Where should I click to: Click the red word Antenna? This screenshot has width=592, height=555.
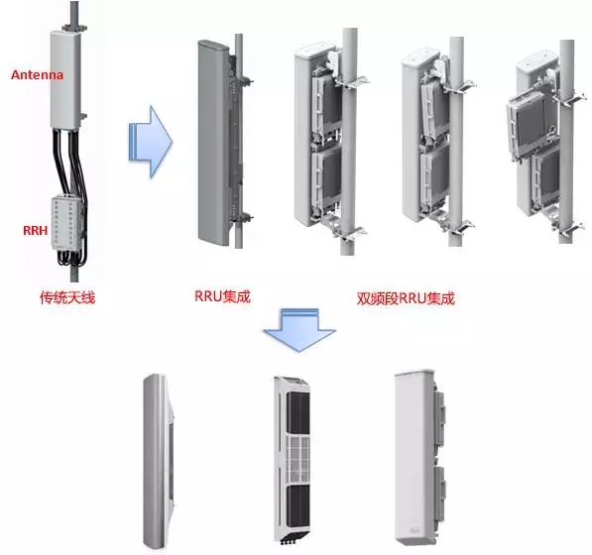[x=37, y=74]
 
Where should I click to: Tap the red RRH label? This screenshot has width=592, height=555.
[x=36, y=230]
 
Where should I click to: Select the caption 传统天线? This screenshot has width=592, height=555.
[x=67, y=297]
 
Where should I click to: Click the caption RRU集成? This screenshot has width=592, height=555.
[x=222, y=296]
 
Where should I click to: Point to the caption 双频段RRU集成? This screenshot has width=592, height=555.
[x=406, y=298]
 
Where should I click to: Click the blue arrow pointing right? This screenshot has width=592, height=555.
[x=151, y=142]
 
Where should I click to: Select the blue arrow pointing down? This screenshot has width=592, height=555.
[x=299, y=330]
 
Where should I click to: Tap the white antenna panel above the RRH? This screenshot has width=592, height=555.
[x=65, y=79]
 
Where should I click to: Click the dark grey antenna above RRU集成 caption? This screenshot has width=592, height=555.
[x=213, y=143]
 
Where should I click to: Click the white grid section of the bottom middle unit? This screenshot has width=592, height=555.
[x=298, y=459]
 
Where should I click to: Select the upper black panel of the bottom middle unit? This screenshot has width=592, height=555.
[x=298, y=412]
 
